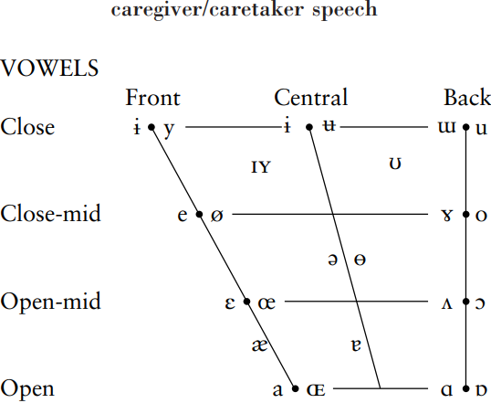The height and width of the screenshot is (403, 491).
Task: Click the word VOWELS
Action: (x=49, y=68)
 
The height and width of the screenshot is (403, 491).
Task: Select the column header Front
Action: (x=152, y=98)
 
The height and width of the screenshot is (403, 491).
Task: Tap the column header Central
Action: (x=311, y=97)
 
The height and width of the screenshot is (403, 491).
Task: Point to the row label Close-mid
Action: (x=51, y=213)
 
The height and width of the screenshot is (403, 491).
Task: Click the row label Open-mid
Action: (x=51, y=302)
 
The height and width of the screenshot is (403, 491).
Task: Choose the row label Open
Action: (x=27, y=389)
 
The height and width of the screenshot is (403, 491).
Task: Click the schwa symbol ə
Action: (x=332, y=260)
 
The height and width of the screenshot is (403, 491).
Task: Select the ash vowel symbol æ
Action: (x=259, y=345)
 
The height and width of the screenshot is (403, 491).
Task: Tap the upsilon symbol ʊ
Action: (x=395, y=164)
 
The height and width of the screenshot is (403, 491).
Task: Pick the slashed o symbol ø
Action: (x=216, y=216)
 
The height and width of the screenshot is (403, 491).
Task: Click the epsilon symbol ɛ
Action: (x=230, y=303)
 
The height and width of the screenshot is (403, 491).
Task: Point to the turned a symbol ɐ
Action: (x=356, y=345)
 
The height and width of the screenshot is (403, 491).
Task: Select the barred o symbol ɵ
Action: (x=360, y=260)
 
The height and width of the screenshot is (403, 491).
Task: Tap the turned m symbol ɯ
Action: (x=446, y=128)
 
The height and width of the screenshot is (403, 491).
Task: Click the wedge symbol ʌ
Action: (x=447, y=303)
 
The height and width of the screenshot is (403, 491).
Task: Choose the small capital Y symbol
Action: (x=265, y=167)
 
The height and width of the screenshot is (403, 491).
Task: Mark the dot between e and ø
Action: (x=199, y=215)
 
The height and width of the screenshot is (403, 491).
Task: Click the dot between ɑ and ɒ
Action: (x=466, y=388)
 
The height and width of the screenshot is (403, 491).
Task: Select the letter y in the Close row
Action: (x=169, y=130)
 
